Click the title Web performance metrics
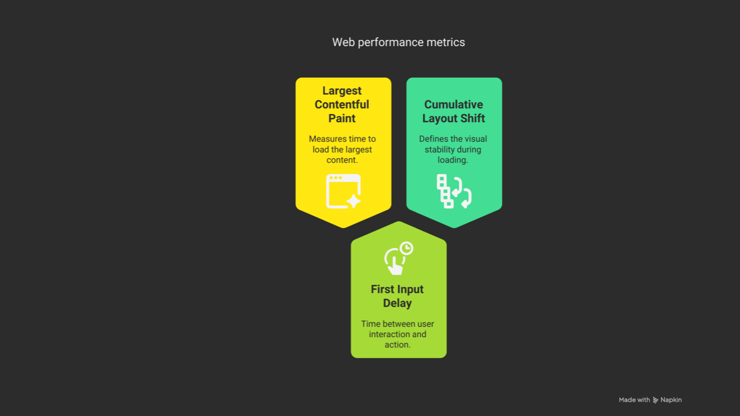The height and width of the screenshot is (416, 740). click(398, 43)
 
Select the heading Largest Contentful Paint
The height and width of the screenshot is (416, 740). click(342, 105)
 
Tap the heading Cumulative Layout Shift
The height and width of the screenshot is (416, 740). click(454, 112)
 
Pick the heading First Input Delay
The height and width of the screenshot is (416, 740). click(397, 296)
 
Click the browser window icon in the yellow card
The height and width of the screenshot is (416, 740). click(344, 191)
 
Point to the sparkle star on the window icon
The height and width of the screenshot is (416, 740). click(354, 201)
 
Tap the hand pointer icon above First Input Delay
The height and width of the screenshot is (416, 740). click(399, 258)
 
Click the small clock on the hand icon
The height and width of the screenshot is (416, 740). click(406, 248)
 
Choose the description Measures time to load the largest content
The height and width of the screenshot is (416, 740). click(342, 149)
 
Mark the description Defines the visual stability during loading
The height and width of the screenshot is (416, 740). click(453, 149)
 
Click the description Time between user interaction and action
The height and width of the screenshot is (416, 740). click(397, 334)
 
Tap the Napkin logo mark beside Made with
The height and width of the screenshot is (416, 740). click(655, 400)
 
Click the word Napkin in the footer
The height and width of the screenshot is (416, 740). click(671, 400)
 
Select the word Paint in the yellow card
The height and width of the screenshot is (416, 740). click(342, 118)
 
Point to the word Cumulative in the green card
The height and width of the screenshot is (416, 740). click(454, 105)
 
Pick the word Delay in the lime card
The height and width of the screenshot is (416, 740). click(397, 303)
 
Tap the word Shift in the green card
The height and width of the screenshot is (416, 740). click(472, 118)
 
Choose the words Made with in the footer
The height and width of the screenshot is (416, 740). click(634, 400)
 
